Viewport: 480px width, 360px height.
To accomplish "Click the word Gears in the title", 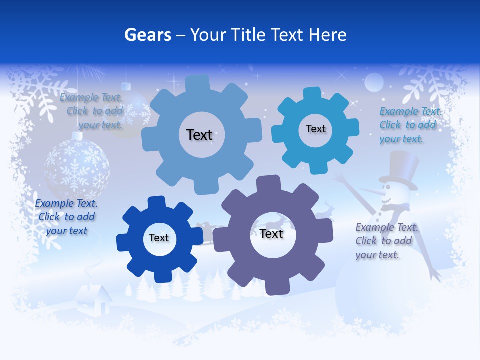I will tap(145, 35).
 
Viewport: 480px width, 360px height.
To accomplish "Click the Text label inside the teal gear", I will tap(315, 129).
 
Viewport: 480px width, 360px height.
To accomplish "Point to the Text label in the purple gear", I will tap(271, 234).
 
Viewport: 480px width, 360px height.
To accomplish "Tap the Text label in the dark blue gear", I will tap(159, 238).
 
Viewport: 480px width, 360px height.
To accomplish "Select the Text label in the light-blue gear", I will tap(199, 135).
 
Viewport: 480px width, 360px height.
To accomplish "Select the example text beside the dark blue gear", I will tap(66, 217).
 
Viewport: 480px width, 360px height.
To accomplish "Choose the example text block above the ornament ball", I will tap(94, 111).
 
